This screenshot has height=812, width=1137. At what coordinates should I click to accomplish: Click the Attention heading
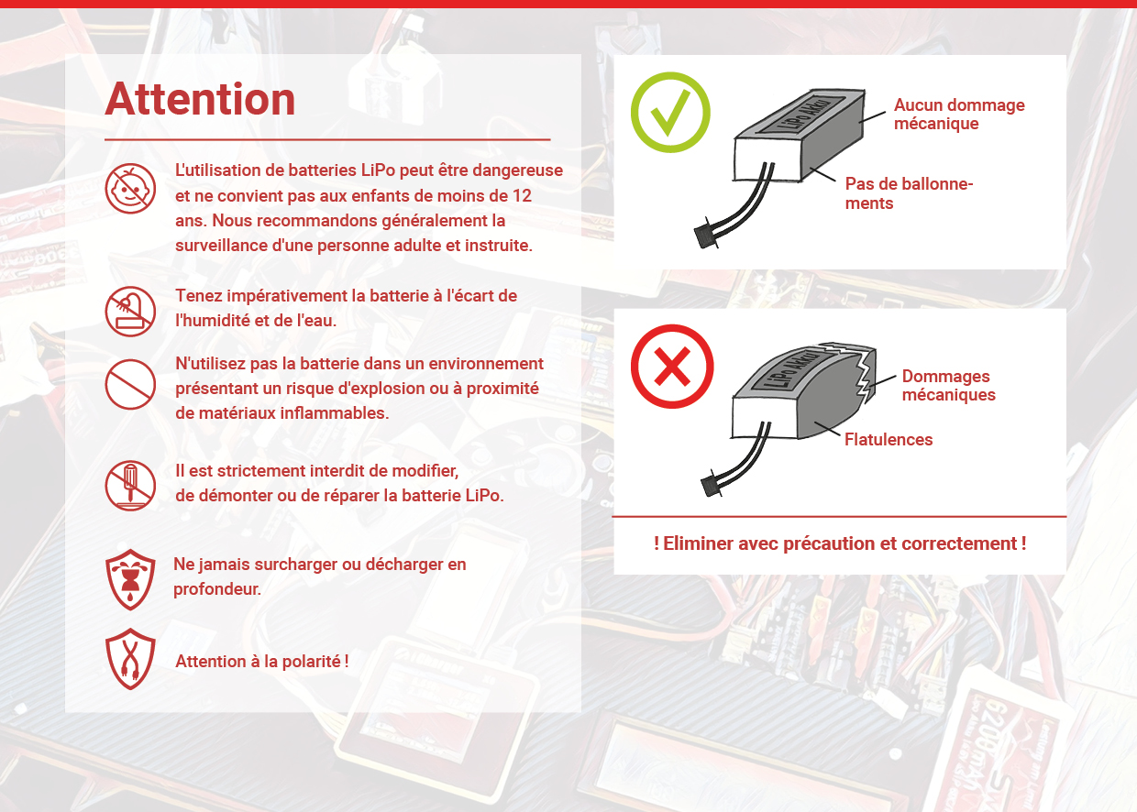point(200,99)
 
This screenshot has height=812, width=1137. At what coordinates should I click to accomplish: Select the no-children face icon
point(130,188)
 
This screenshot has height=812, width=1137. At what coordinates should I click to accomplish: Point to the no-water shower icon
point(130,311)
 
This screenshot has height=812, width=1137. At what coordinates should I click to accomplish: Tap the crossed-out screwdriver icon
point(130,486)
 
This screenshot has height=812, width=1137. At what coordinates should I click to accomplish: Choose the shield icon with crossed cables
point(130,659)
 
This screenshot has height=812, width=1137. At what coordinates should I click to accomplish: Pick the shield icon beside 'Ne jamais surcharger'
point(130,579)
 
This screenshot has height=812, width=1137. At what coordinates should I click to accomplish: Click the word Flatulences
point(889,439)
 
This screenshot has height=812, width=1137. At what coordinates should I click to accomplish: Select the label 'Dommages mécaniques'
point(949,386)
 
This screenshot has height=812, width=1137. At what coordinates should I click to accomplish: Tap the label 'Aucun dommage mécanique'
point(959,115)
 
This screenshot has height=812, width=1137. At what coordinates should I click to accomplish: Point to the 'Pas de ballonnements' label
point(909,193)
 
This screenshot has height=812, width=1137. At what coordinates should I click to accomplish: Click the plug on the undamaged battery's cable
point(706,235)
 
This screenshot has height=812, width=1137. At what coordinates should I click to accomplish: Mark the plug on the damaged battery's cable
point(712,485)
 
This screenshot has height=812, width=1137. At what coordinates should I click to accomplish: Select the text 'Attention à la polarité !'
point(262,662)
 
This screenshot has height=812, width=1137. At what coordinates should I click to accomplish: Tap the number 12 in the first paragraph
point(522,196)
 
